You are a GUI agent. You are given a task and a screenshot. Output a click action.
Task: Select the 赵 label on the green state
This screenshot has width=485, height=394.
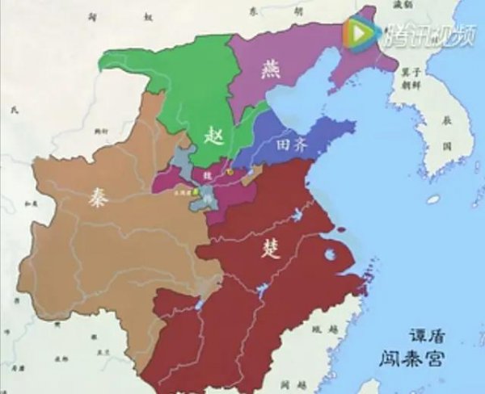212,135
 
